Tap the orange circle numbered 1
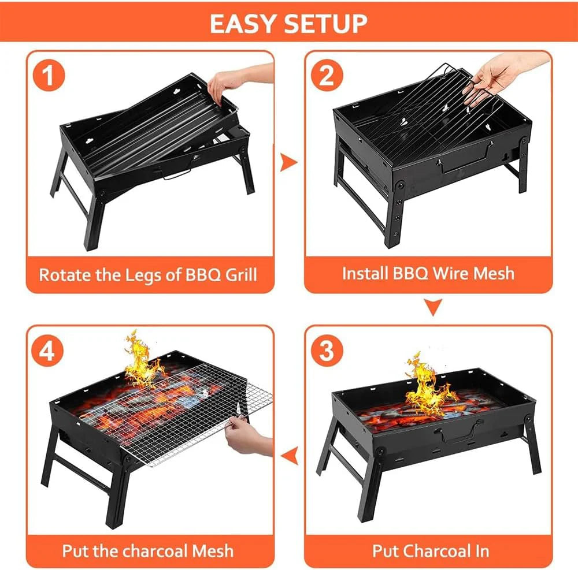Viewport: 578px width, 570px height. point(49,76)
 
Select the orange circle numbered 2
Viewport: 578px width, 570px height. point(327,76)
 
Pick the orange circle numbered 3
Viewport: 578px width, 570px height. point(327,350)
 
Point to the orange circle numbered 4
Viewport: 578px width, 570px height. point(47,350)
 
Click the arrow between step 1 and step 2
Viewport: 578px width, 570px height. point(288,162)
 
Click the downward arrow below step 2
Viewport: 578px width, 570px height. point(433,307)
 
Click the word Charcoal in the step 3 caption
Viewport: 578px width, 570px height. point(435,551)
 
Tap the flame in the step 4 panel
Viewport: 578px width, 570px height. point(142,361)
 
